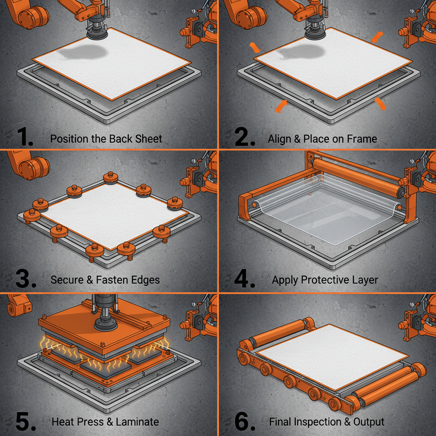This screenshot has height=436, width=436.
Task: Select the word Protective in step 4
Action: [324, 280]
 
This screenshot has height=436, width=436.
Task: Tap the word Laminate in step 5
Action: [137, 422]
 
